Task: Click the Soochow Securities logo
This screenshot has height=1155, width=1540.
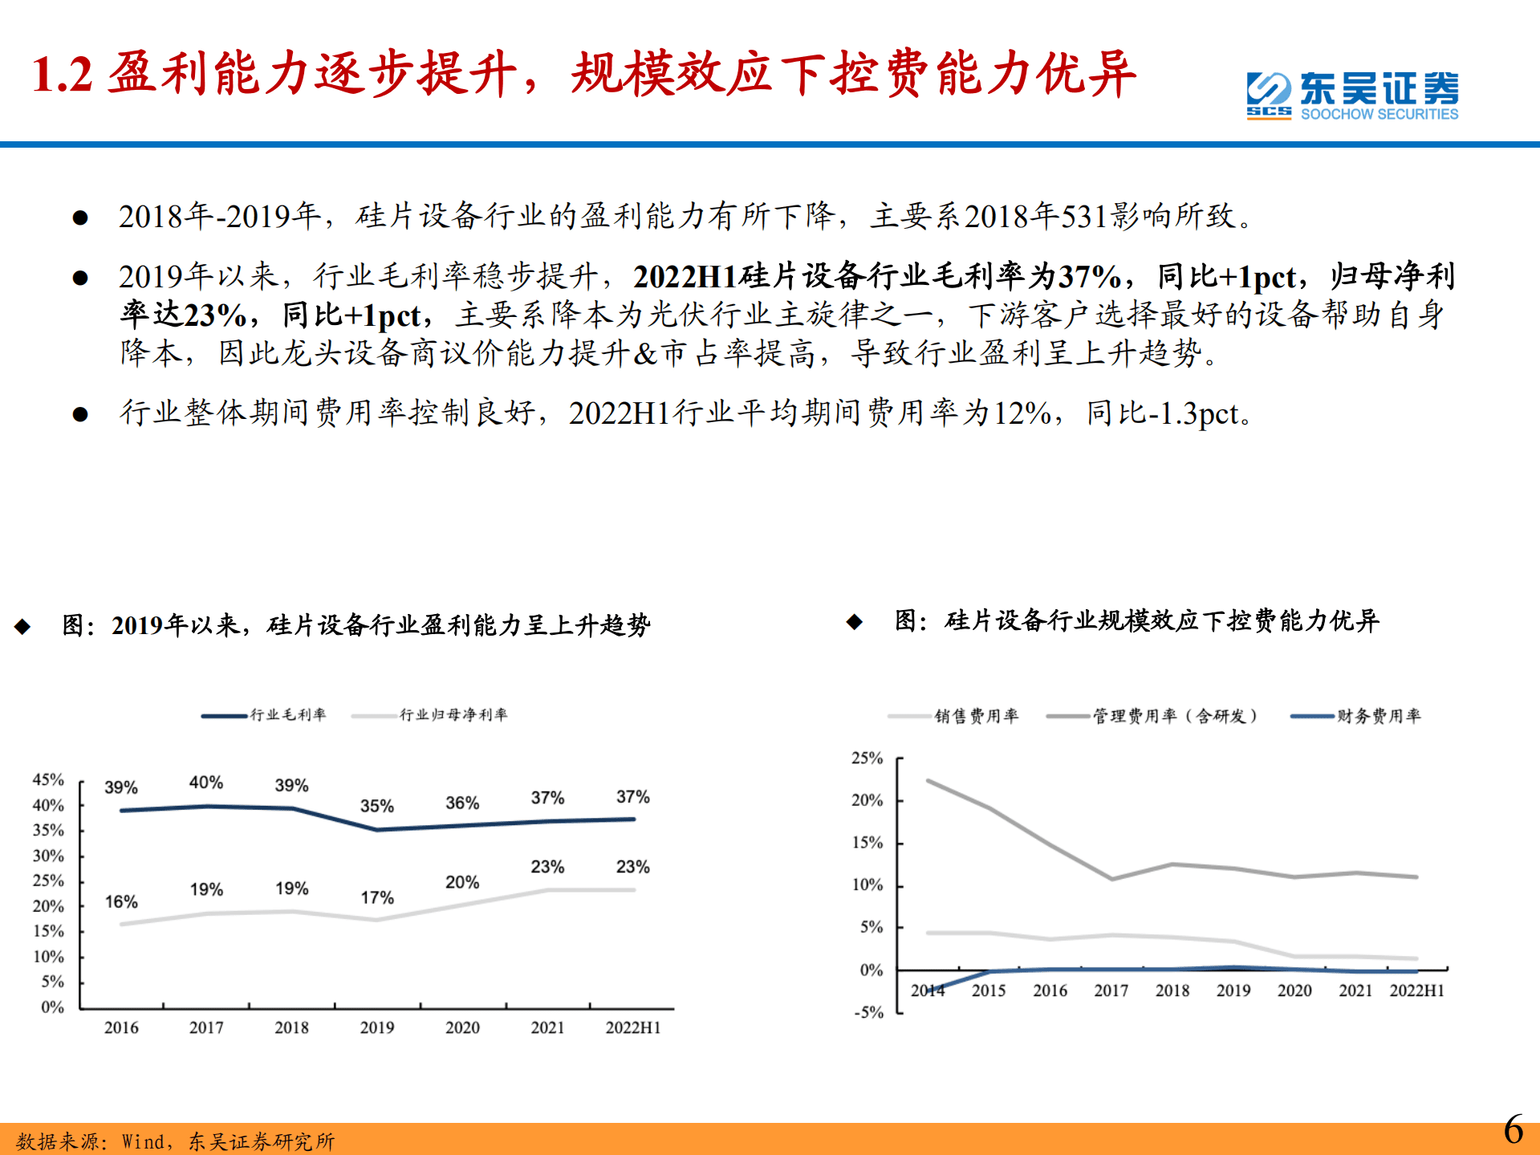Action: click(x=1352, y=96)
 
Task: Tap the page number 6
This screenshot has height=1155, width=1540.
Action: click(x=1513, y=1130)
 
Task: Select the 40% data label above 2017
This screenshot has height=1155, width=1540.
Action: click(x=206, y=783)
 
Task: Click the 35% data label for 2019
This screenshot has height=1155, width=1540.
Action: click(x=376, y=806)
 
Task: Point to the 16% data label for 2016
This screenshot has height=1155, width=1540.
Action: click(x=121, y=901)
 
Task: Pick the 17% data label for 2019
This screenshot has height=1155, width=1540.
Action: click(x=376, y=897)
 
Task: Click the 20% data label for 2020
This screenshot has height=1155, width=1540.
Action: click(x=462, y=882)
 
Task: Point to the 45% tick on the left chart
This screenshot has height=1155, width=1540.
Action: click(x=48, y=779)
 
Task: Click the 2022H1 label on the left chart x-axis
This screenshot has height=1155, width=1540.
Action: click(x=632, y=1027)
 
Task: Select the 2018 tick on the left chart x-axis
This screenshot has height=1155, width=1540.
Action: click(x=291, y=1027)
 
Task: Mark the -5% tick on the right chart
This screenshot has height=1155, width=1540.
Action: click(x=868, y=1012)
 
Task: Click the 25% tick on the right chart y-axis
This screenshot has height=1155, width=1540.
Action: click(x=867, y=758)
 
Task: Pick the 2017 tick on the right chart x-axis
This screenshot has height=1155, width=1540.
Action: click(x=1111, y=990)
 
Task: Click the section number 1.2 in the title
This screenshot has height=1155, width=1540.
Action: click(x=62, y=74)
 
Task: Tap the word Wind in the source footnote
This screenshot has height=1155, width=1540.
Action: click(x=143, y=1141)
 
